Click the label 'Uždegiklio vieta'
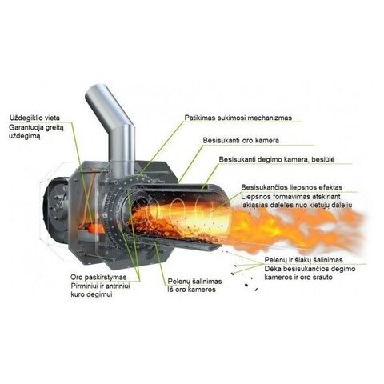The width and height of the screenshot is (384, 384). [34, 118]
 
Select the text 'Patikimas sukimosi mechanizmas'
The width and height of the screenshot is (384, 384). [238, 118]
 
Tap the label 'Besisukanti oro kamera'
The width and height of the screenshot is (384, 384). [241, 140]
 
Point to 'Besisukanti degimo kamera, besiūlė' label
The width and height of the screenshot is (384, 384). [277, 159]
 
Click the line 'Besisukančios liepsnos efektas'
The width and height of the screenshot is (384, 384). [292, 187]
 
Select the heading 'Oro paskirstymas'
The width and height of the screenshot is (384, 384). [98, 277]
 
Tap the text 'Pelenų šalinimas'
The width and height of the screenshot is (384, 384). [194, 282]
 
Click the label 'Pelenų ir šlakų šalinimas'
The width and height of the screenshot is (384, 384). [303, 260]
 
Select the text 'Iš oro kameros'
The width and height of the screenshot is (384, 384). [191, 290]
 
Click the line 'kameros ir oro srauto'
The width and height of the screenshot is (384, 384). [298, 277]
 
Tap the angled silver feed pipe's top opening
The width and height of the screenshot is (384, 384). [95, 89]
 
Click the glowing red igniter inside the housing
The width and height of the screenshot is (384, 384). [94, 228]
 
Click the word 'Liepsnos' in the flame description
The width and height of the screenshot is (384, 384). [255, 197]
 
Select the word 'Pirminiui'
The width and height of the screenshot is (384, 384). [85, 286]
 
